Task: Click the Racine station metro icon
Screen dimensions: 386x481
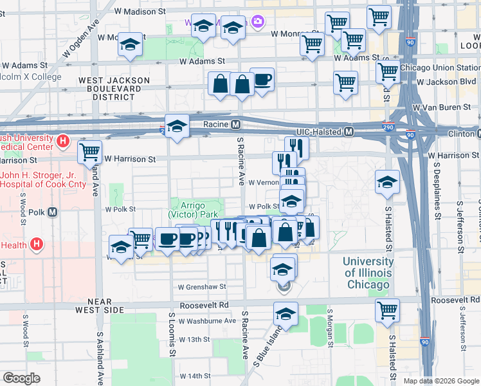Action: coord(236,124)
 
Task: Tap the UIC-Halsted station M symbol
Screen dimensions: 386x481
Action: coord(349,131)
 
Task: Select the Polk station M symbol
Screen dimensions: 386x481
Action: coord(53,212)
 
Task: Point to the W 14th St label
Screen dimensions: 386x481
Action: coord(195,376)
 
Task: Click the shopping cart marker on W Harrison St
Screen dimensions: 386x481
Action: coord(90,152)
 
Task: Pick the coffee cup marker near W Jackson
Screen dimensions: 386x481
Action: coord(262,80)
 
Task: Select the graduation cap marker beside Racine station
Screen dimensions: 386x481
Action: coord(176,126)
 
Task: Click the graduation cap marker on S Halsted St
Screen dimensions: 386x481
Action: coord(388,182)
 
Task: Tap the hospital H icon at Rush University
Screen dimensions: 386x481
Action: coord(62,140)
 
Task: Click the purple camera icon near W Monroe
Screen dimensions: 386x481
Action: coord(257,23)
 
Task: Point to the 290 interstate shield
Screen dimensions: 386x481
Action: coord(388,127)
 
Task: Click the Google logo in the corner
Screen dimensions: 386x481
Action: coord(21,378)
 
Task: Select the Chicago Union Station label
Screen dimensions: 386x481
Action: coord(439,67)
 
